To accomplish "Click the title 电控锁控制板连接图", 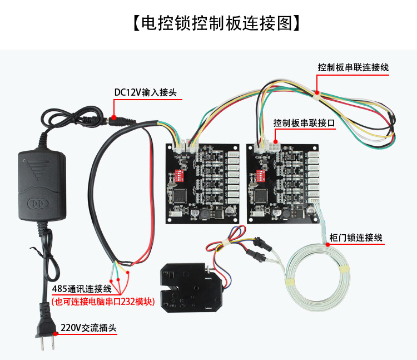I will tap(209, 23).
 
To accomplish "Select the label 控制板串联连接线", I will tap(353, 67).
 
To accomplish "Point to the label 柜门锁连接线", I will tap(356, 238).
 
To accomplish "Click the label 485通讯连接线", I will tap(82, 289).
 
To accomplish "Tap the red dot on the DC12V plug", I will tap(113, 117).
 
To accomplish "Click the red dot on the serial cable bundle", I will tap(317, 92).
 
